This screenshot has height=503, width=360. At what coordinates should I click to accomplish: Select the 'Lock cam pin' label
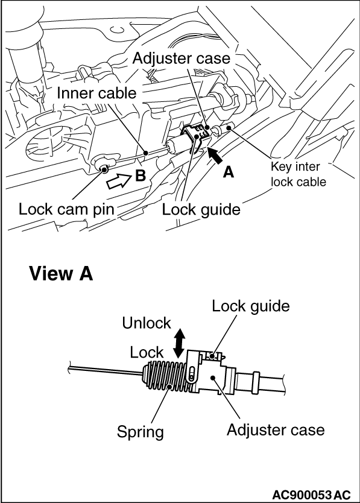coord(66,210)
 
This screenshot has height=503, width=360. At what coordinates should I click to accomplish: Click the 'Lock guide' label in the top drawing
coord(201,210)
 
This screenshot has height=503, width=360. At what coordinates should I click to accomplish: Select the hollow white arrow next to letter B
coord(118,179)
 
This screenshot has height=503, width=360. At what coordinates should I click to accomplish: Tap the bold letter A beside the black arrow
coord(229,172)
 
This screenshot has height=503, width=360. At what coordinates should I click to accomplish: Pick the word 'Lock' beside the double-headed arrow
coord(147,352)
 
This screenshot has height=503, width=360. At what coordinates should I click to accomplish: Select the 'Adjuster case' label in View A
coord(276,429)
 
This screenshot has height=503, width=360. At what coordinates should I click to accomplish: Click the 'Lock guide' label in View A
coord(250,306)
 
